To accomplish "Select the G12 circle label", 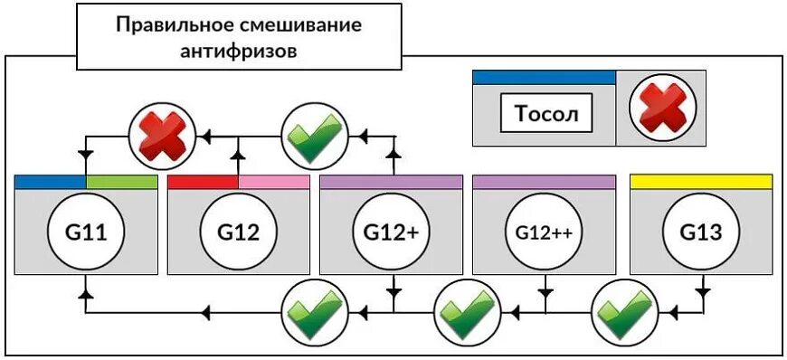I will tap(239, 232).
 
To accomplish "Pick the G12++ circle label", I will tap(545, 232).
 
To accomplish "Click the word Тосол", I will tap(546, 114).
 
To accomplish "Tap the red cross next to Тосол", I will tap(662, 108).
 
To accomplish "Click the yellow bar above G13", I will tap(701, 182).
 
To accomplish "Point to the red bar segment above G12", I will tap(204, 182).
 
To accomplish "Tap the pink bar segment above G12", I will tap(274, 182).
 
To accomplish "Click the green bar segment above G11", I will tap(123, 182).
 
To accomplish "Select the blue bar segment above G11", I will tap(51, 182).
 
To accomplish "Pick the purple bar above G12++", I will tap(545, 182).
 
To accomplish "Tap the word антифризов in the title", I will tap(239, 51).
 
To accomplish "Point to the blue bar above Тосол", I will tap(544, 78).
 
